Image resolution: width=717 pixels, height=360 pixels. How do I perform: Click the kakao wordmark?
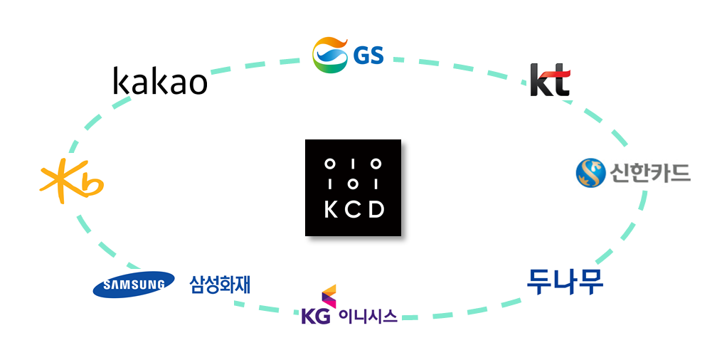(160, 80)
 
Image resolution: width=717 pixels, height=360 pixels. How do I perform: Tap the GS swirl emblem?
(330, 55)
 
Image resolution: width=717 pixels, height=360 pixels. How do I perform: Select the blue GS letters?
(368, 55)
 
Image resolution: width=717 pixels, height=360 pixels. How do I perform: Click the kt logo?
(550, 80)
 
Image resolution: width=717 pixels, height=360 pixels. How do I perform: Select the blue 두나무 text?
(565, 282)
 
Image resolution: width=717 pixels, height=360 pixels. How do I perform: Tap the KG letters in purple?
(316, 316)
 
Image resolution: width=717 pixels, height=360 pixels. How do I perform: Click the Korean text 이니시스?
(368, 316)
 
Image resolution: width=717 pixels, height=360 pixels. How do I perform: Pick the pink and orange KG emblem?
(329, 296)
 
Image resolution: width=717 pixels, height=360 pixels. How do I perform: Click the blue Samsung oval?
(134, 285)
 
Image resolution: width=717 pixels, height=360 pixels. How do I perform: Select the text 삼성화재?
(220, 284)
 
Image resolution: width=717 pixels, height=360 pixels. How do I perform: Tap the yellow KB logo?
(72, 181)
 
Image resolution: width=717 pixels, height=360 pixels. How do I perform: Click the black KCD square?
(353, 188)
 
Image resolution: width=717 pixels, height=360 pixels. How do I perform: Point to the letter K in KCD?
(331, 209)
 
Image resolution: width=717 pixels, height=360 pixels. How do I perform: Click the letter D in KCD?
(376, 209)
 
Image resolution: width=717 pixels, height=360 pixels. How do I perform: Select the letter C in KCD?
(353, 209)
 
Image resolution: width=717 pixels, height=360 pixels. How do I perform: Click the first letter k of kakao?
(121, 80)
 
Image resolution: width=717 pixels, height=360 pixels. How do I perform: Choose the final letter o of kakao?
(198, 84)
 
